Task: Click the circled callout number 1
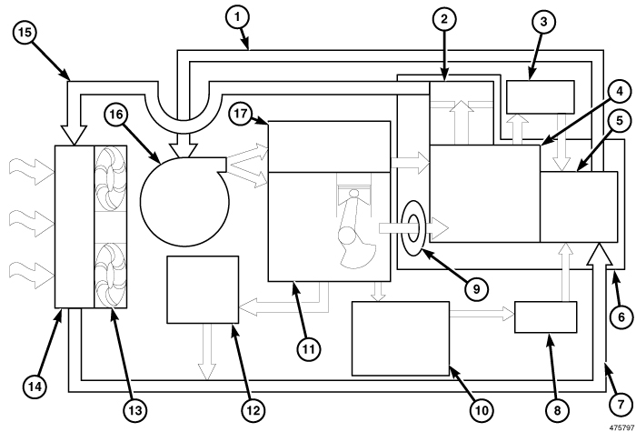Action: click(x=239, y=15)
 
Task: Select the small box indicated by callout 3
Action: click(x=541, y=95)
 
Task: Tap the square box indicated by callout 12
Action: click(x=199, y=290)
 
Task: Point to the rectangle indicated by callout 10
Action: click(x=400, y=337)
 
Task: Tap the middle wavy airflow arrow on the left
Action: click(x=21, y=219)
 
